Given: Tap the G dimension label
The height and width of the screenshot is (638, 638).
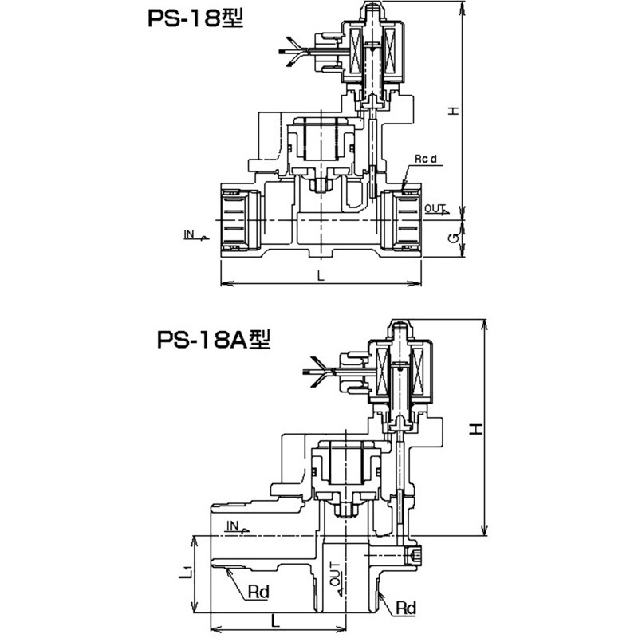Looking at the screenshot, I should pyautogui.click(x=451, y=238).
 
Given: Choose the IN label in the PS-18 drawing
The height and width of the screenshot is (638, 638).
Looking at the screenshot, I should pyautogui.click(x=190, y=234).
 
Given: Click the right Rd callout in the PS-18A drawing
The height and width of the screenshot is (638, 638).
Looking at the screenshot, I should pyautogui.click(x=406, y=608).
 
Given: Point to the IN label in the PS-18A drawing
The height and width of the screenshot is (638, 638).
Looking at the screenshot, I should pyautogui.click(x=234, y=524).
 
